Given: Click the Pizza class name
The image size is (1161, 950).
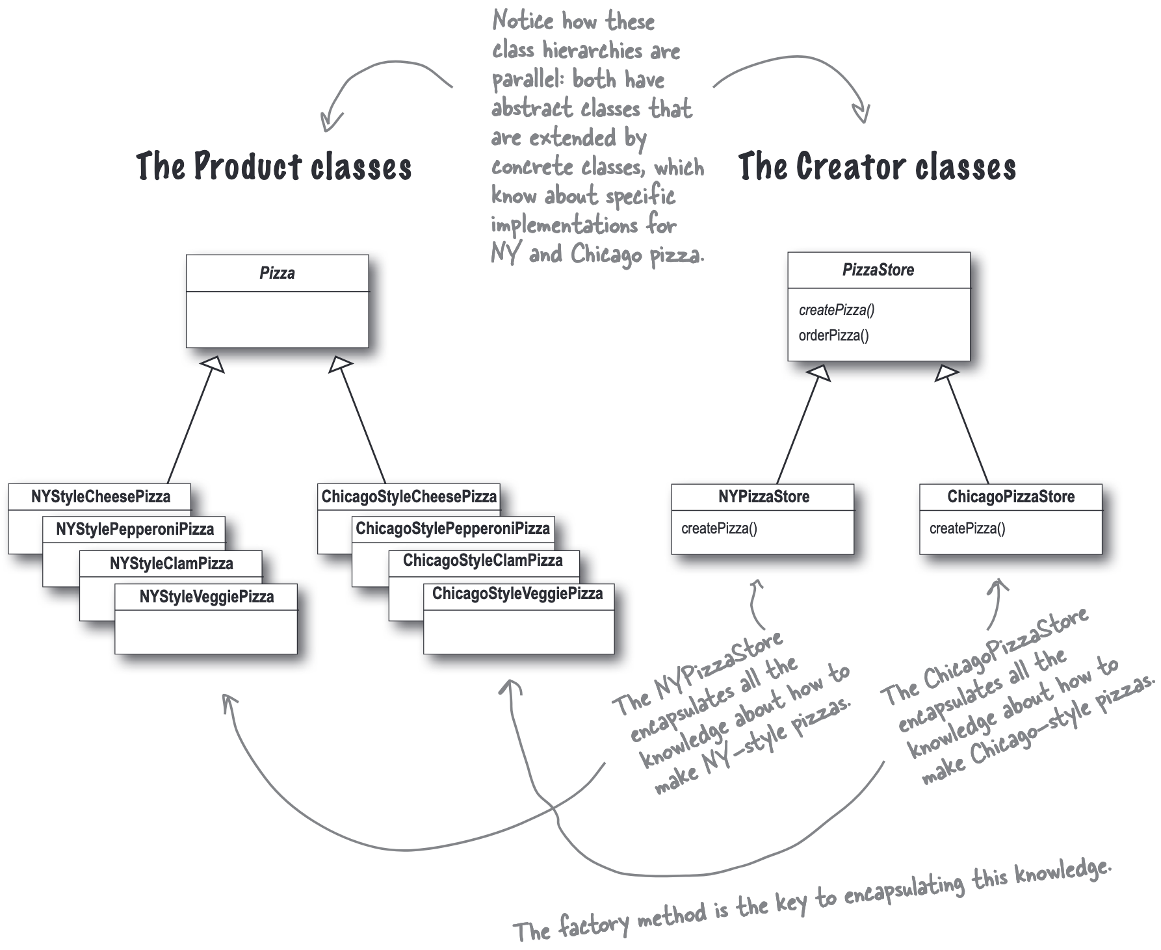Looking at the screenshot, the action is point(277,273).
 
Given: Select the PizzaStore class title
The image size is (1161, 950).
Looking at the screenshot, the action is point(878,270).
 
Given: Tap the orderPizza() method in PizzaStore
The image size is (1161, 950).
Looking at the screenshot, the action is point(833,335).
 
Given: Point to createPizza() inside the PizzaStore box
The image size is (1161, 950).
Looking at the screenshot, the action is point(837,310).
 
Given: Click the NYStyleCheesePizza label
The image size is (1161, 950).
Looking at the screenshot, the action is point(101,497).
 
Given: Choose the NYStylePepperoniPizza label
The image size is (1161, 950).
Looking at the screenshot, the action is point(135,529).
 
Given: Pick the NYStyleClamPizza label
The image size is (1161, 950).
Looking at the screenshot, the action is point(171,563).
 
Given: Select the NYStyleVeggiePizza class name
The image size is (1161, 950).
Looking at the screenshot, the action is point(207,597).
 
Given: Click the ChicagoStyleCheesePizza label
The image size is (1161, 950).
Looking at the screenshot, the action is point(409,497).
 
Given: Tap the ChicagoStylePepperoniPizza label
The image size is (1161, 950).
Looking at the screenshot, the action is point(452,528).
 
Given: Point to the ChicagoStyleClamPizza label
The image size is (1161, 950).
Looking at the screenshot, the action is point(483,560).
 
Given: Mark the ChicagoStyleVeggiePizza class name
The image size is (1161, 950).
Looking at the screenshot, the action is point(517,593).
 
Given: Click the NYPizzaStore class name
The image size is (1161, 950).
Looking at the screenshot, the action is point(764,497).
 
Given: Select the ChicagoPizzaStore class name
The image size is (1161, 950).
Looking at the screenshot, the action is point(1011,497).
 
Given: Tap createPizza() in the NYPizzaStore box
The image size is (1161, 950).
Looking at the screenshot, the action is point(719,528).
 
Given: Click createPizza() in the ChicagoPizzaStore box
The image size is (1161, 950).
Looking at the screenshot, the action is point(967,528).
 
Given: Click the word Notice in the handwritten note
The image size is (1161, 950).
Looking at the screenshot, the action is point(522,21).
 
